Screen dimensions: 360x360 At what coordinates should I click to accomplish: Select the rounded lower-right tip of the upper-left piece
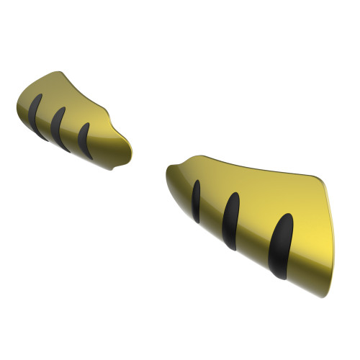coord(122,164)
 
